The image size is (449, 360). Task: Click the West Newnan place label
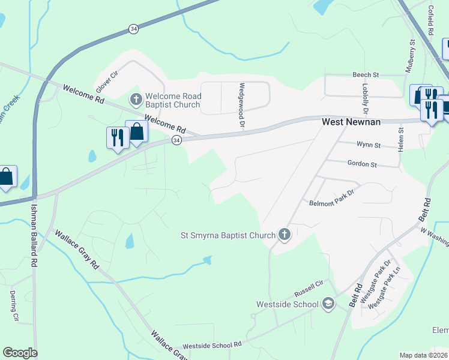pyautogui.click(x=351, y=122)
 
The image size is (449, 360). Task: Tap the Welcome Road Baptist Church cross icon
pyautogui.click(x=136, y=98)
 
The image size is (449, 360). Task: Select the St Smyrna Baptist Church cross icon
pyautogui.click(x=284, y=235)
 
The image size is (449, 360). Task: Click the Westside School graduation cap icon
pyautogui.click(x=328, y=304)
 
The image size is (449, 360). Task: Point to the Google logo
pyautogui.click(x=20, y=353)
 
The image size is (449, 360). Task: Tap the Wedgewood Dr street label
pyautogui.click(x=243, y=106)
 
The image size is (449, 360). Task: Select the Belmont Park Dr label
pyautogui.click(x=332, y=203)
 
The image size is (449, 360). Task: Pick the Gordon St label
pyautogui.click(x=361, y=164)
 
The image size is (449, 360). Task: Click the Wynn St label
pyautogui.click(x=369, y=145)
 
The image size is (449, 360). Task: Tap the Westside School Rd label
pyautogui.click(x=211, y=345)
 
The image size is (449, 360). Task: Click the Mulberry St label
pyautogui.click(x=411, y=56)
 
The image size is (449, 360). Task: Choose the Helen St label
pyautogui.click(x=400, y=136)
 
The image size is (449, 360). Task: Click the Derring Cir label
pyautogui.click(x=14, y=306)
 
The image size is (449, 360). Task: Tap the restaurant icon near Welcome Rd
pyautogui.click(x=115, y=137)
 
